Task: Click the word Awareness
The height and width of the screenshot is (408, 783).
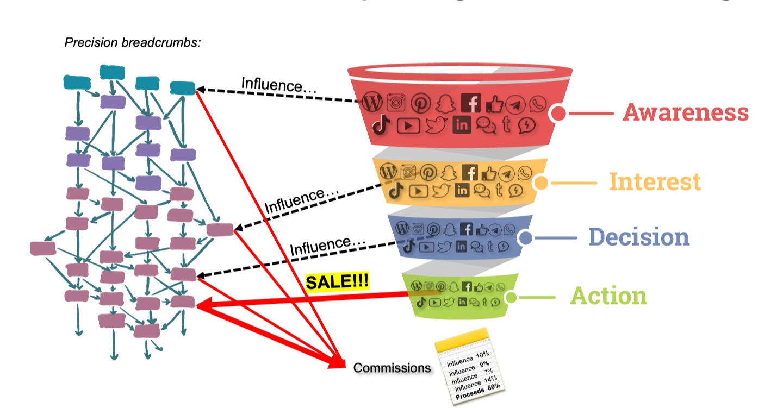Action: (686, 112)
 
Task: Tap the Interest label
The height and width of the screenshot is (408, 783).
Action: (655, 181)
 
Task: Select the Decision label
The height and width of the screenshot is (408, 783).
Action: (639, 237)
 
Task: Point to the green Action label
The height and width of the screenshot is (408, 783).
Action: (608, 296)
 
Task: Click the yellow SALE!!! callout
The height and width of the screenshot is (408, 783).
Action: (337, 282)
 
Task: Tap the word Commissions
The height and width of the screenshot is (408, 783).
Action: (391, 368)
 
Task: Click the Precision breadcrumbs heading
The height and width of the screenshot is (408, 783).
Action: (133, 42)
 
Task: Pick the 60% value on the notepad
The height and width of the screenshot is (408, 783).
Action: (493, 386)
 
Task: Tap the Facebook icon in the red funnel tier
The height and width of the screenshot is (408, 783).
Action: (471, 103)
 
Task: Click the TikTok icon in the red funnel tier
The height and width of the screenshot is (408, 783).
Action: (382, 125)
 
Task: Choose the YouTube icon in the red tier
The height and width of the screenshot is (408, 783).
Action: (408, 126)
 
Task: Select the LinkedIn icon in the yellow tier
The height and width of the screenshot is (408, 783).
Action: (462, 190)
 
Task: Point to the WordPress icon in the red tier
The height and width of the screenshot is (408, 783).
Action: (372, 102)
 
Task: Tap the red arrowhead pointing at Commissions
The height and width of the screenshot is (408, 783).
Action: (338, 363)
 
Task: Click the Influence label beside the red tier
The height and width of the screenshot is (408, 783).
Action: (278, 85)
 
